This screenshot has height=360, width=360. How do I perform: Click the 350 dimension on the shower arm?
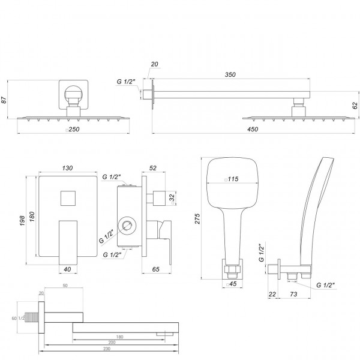click(230, 75)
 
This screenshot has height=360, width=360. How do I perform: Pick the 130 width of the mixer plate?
click(67, 168)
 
